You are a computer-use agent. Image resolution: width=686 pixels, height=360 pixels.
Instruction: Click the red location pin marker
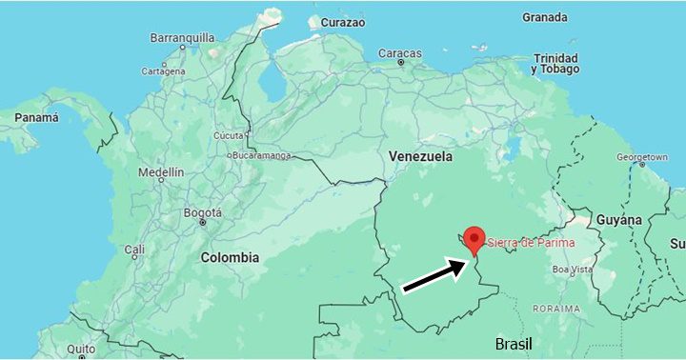click(474, 239)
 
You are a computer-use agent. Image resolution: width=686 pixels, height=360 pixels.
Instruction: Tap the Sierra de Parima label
click(531, 244)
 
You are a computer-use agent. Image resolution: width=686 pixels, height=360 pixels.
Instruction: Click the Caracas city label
click(400, 53)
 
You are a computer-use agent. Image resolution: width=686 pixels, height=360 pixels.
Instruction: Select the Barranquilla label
click(182, 38)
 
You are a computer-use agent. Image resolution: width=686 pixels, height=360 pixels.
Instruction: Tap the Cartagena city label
click(163, 71)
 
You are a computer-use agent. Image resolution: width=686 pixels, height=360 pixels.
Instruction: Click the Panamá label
click(36, 117)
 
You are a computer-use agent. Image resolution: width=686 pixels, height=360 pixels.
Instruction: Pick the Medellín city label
click(160, 172)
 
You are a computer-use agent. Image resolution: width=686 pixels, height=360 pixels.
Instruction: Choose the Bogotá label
click(202, 212)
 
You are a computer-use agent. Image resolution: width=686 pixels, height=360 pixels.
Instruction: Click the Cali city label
click(134, 250)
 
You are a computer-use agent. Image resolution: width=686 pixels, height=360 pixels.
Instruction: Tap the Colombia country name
click(230, 257)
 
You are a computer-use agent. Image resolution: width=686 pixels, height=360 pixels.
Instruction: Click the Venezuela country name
click(420, 156)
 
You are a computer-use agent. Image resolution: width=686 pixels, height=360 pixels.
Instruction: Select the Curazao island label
click(343, 22)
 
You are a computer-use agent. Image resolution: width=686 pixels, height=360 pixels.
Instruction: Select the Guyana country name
click(619, 220)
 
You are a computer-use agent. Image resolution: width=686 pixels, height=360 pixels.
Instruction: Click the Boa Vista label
click(573, 270)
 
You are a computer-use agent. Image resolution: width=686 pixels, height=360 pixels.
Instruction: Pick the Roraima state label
click(556, 309)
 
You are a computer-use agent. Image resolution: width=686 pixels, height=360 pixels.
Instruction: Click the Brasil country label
click(514, 344)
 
